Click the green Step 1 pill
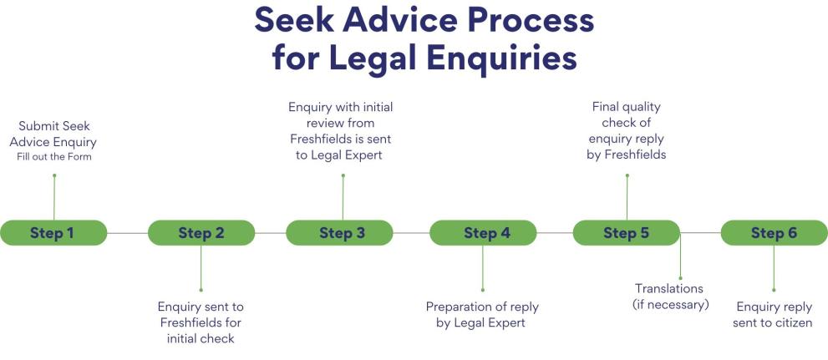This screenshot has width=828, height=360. [x=53, y=233]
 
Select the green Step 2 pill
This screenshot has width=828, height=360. [x=201, y=233]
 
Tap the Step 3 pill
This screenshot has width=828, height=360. [x=341, y=233]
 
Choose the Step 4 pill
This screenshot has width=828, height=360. [x=482, y=233]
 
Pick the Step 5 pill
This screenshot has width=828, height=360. [x=626, y=233]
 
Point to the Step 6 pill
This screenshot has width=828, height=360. [x=774, y=233]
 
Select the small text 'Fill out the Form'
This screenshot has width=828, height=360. [x=54, y=157]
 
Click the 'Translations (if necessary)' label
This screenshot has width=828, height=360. [x=670, y=297]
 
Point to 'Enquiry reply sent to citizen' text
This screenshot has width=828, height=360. [x=774, y=314]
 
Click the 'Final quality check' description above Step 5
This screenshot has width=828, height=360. [x=626, y=130]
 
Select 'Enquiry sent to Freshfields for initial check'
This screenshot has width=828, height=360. [x=201, y=322]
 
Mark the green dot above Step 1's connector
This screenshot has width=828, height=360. [x=54, y=175]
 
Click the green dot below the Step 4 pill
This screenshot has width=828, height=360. [x=482, y=289]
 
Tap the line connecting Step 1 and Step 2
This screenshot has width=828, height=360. [x=127, y=233]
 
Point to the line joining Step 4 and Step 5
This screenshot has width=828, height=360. [x=554, y=233]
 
